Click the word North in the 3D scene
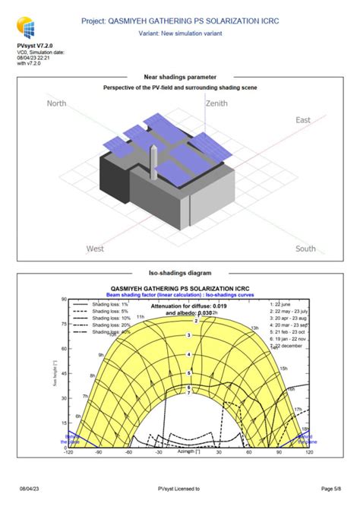click(58, 103)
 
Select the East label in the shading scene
click(303, 120)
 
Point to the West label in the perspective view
click(95, 249)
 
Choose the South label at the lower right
click(305, 249)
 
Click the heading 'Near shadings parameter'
click(180, 77)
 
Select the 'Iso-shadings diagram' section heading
click(180, 271)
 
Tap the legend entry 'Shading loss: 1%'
click(111, 303)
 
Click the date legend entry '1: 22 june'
click(286, 303)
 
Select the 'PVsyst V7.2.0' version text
click(34, 46)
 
